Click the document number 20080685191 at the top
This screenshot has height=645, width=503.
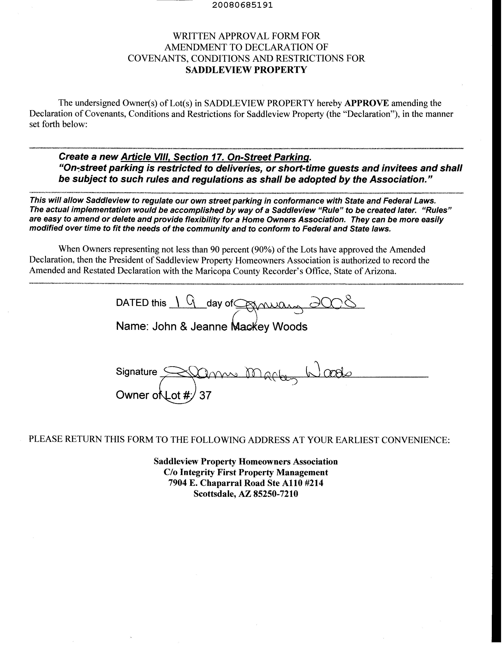pyautogui.click(x=242, y=5)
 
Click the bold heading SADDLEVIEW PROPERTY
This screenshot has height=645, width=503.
pyautogui.click(x=246, y=70)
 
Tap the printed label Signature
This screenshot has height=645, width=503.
pyautogui.click(x=137, y=371)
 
